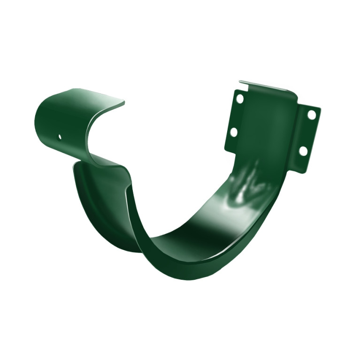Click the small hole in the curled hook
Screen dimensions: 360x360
tap(60, 137)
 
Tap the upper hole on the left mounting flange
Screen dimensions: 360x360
tap(240, 99)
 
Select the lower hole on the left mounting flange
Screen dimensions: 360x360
tap(233, 132)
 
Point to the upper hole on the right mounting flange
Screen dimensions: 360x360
tap(311, 114)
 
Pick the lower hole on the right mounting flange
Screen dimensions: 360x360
tap(303, 151)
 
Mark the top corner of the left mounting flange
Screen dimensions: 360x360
tap(235, 91)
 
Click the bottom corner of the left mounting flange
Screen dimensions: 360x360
tap(226, 150)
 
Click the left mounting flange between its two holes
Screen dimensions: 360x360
tap(237, 116)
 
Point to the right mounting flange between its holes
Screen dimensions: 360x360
tap(307, 133)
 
